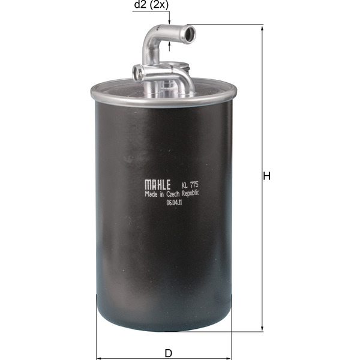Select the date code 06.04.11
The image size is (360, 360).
pos(174,203)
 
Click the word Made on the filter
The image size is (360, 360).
pos(151,194)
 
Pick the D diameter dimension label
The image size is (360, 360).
pos(169,353)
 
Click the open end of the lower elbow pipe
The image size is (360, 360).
pos(138,74)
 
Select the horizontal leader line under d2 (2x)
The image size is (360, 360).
pos(151,11)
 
